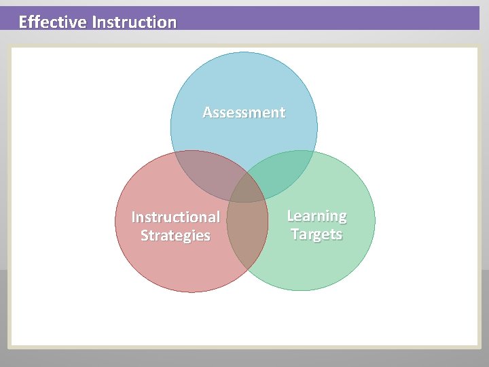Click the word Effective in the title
pos(53,22)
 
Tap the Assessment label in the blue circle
pos(244,112)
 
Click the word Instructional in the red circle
pos(175,217)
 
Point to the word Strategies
pos(175,236)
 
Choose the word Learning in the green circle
pos(316,216)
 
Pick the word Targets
pos(316,234)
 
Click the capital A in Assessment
pos(208,112)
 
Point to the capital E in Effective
pos(23,22)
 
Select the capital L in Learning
pos(291,215)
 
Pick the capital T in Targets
pos(295,234)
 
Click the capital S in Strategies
pos(145,236)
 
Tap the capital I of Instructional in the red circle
pos(133,217)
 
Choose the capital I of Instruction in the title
pos(94,22)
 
